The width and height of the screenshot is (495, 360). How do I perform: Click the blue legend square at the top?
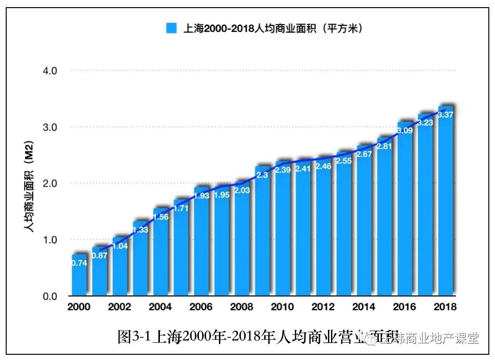tap(171, 28)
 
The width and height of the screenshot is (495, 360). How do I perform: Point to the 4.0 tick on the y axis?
tap(50, 70)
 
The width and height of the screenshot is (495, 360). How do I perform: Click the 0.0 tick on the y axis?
tap(50, 296)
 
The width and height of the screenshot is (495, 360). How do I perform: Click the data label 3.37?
tap(445, 114)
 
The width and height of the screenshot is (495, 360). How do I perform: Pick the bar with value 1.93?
tap(201, 241)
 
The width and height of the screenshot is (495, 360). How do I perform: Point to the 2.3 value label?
tap(262, 175)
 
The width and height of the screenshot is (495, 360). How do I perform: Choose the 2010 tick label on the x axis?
tap(282, 307)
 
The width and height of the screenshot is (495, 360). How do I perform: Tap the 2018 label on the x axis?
tap(445, 307)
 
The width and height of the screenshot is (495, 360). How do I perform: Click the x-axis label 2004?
tap(160, 307)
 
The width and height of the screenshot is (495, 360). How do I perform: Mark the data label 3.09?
tap(405, 130)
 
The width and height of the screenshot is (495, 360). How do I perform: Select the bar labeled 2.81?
tap(385, 217)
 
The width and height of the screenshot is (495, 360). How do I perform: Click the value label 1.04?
tap(120, 246)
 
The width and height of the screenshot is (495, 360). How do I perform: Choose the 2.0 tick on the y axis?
tap(50, 183)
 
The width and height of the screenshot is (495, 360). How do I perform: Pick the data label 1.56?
tap(160, 217)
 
